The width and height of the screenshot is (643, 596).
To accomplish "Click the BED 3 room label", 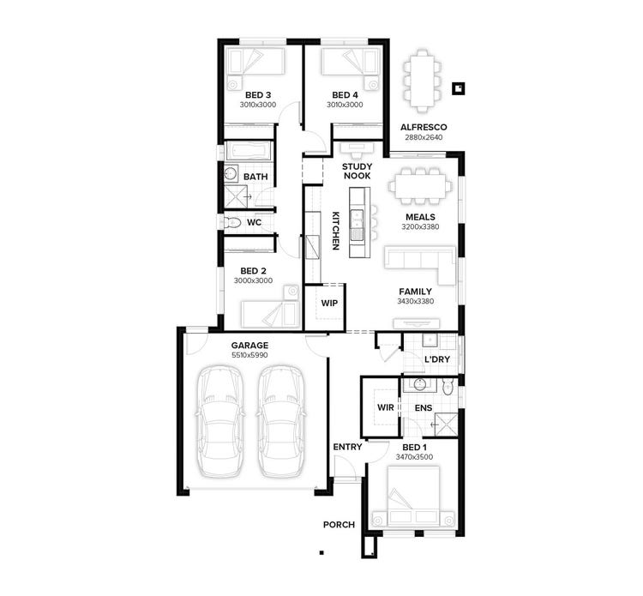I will click(258, 94).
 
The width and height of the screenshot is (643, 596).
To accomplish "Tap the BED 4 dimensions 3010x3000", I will click(344, 105).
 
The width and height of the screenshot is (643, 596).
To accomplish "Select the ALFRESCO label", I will click(424, 127).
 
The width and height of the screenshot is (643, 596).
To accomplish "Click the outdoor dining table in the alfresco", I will click(421, 81).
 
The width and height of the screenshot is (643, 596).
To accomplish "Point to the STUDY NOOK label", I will click(357, 171).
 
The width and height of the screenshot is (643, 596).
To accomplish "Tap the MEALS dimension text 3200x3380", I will click(420, 227).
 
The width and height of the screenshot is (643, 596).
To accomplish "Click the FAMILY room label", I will click(415, 292).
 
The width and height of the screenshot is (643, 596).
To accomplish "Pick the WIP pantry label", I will click(329, 304).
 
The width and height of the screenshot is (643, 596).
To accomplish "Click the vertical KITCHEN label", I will click(336, 231).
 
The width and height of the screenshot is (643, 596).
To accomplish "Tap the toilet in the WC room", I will click(231, 222).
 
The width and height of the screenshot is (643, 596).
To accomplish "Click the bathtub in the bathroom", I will click(248, 152).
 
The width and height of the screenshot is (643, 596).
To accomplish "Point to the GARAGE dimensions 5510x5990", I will click(249, 355).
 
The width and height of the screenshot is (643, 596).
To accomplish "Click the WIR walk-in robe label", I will click(386, 407).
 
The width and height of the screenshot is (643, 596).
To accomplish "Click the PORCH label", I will click(339, 525).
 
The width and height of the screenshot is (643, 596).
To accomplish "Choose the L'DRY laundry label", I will click(438, 360).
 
